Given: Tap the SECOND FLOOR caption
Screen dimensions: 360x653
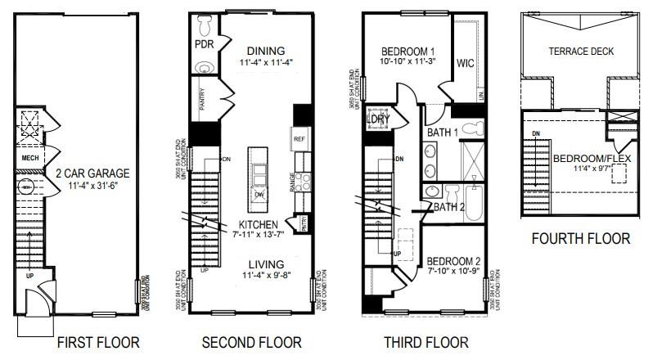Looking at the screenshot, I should [252, 342].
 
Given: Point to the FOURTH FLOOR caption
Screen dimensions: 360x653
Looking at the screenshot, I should [581, 239].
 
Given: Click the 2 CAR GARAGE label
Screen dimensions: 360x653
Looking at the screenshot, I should [92, 173].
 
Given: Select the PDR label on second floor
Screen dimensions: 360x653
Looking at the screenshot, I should [203, 43].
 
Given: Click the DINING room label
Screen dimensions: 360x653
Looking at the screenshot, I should [266, 50].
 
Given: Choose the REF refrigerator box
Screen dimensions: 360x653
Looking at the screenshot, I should [299, 140].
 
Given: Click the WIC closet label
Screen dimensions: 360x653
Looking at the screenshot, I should [466, 62].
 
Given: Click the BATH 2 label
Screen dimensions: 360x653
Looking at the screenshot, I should [449, 207].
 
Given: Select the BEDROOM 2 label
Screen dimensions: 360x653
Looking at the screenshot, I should [453, 263].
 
